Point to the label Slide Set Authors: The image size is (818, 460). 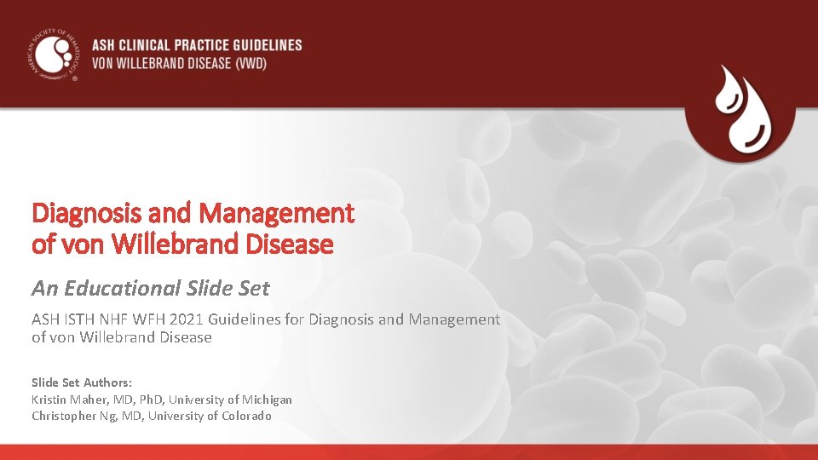click(82, 382)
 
